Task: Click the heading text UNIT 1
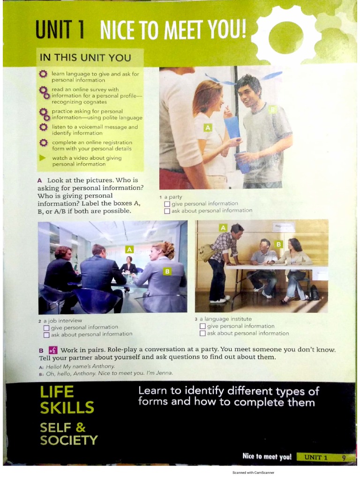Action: click(60, 31)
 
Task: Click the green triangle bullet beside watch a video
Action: click(43, 158)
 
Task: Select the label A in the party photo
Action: click(208, 127)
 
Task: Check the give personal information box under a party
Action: click(167, 204)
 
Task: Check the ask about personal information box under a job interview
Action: click(46, 335)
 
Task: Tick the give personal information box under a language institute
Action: click(202, 326)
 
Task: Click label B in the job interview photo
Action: click(167, 271)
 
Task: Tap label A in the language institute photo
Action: click(223, 228)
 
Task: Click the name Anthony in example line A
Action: click(103, 366)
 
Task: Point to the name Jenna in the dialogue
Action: click(164, 373)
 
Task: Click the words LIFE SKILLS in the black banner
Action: click(67, 400)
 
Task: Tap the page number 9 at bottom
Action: click(344, 457)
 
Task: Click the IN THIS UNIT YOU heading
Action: click(85, 58)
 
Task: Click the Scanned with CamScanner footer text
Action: click(253, 472)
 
